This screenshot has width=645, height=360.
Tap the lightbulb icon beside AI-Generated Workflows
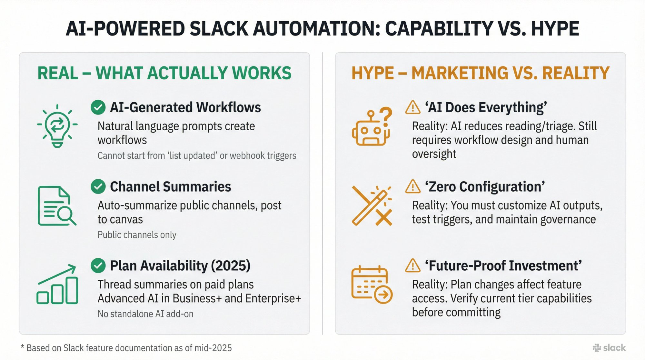click(x=57, y=126)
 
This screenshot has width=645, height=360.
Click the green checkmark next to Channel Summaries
click(x=98, y=186)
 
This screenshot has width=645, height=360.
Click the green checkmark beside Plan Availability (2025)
click(x=98, y=265)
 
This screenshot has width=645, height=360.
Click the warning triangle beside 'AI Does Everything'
click(x=412, y=107)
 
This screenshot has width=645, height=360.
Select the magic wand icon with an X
click(x=372, y=205)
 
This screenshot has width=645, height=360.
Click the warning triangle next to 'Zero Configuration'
click(x=412, y=186)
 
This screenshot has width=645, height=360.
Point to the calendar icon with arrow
click(x=372, y=285)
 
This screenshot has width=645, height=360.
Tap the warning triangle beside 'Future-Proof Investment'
click(x=412, y=265)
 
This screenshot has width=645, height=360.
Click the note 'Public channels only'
click(x=137, y=235)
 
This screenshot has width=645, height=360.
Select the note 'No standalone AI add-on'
click(x=145, y=314)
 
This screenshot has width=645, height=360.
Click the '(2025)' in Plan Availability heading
click(x=231, y=265)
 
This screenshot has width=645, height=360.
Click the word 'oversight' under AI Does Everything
click(x=434, y=154)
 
